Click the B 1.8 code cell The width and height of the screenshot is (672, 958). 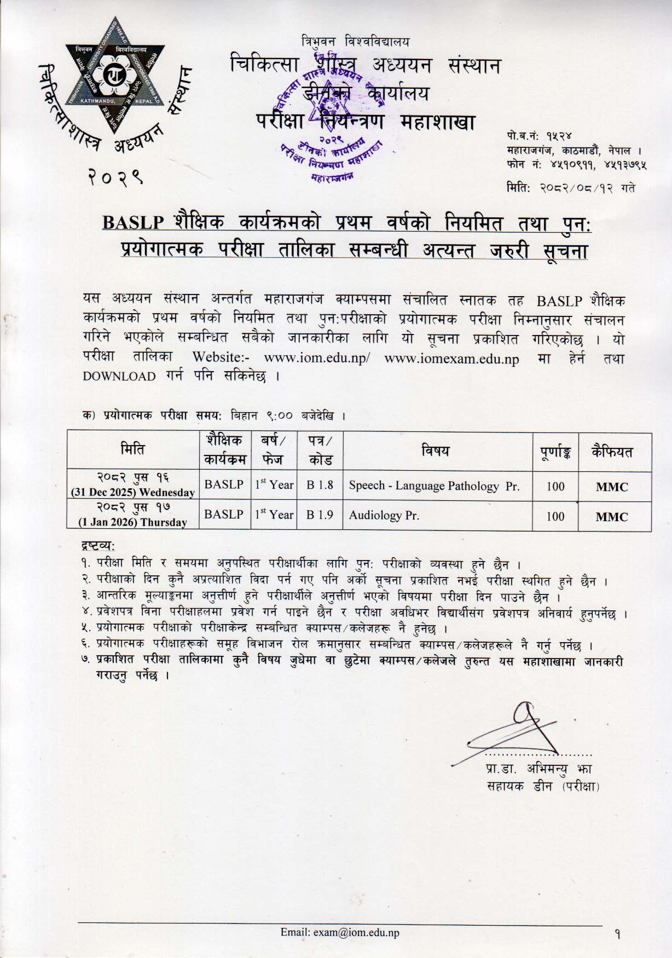[320, 486]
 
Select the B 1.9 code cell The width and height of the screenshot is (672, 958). [320, 515]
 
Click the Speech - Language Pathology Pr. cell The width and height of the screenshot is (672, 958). [433, 486]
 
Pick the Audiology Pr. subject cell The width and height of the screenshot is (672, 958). [384, 515]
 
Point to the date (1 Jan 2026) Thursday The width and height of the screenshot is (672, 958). [133, 522]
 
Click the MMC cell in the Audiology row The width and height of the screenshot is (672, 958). [611, 516]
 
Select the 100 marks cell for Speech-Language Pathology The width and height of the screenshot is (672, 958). [555, 486]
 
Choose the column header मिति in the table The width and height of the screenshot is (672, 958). [133, 451]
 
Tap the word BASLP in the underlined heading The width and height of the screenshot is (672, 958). [134, 223]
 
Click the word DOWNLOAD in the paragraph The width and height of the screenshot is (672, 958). [119, 376]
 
